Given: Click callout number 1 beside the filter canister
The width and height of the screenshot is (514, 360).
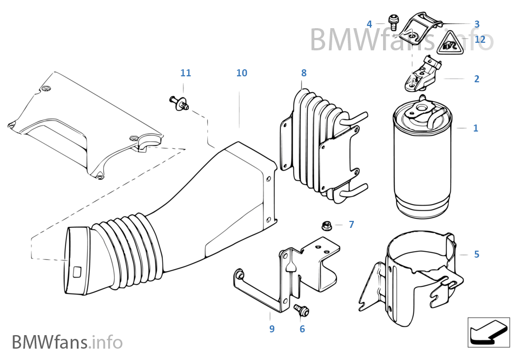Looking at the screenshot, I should point(476,128).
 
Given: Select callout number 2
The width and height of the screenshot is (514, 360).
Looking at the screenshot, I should point(476,79).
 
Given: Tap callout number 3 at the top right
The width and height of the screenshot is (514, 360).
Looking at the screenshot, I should point(477,24).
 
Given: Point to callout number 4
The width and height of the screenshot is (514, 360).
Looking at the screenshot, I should point(370,24).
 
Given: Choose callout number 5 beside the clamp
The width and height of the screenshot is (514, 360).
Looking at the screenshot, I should point(476,254).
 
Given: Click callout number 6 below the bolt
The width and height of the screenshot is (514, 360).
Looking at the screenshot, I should point(302,329).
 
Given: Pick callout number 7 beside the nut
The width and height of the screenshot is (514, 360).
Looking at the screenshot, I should point(351,224).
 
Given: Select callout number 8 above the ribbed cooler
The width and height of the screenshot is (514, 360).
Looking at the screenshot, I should point(304,73).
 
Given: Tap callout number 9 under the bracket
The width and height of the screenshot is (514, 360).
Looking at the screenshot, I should point(272,329).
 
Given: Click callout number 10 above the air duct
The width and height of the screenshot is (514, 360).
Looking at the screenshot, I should point(241,73).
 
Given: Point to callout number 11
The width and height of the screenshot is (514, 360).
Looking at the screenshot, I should point(186,73).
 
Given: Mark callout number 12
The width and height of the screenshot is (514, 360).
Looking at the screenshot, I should point(480,39).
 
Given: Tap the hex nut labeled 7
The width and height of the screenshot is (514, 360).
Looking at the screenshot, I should point(327,225).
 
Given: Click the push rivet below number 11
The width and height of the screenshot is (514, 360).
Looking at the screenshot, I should point(180,102).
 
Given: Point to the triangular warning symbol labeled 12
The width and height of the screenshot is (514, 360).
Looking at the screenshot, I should point(450,44).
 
